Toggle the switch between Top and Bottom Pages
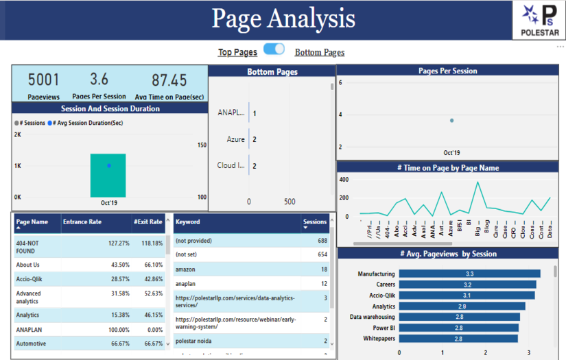pyautogui.click(x=274, y=49)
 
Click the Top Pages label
pyautogui.click(x=237, y=52)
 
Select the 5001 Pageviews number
pyautogui.click(x=43, y=80)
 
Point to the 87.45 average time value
pyautogui.click(x=169, y=80)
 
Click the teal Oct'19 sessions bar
pyautogui.click(x=108, y=176)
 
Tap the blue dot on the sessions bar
pyautogui.click(x=108, y=166)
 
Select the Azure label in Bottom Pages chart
pyautogui.click(x=235, y=139)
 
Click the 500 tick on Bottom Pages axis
pyautogui.click(x=289, y=202)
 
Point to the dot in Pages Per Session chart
pyautogui.click(x=451, y=120)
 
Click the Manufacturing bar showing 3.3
pyautogui.click(x=469, y=274)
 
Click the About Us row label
pyautogui.click(x=28, y=265)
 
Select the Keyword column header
pyautogui.click(x=188, y=222)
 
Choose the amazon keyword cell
pyautogui.click(x=185, y=269)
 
